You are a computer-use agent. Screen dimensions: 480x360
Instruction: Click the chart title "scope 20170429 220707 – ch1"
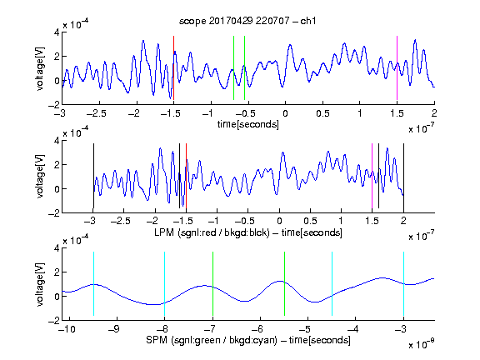[247, 21]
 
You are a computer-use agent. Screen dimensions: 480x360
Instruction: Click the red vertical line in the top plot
[173, 68]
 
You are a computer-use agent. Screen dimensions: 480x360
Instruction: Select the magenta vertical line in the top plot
[397, 68]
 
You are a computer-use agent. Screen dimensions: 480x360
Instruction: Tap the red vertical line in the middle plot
[186, 176]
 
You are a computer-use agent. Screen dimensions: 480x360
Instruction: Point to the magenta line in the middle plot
[372, 176]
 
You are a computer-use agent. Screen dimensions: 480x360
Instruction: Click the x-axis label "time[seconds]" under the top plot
[248, 124]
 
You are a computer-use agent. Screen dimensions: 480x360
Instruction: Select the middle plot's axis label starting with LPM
[248, 232]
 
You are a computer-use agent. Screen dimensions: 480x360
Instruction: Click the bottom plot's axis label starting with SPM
[248, 340]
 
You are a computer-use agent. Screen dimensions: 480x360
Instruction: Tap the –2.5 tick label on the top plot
[96, 113]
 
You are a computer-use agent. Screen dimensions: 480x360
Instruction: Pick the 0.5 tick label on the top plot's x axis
[322, 113]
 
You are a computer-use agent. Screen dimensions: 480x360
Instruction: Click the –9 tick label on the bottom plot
[114, 329]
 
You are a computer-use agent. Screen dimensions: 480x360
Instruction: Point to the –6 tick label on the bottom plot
[257, 329]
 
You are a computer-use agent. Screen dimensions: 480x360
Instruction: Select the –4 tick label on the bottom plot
[353, 329]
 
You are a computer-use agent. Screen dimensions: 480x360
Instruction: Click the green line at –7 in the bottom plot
[212, 284]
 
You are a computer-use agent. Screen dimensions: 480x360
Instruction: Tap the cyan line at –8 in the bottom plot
[165, 284]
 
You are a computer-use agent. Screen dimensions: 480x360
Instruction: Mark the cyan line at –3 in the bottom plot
[404, 284]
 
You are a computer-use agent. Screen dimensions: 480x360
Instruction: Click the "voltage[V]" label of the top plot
[40, 68]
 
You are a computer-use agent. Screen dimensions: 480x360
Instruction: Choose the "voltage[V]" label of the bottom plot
[40, 284]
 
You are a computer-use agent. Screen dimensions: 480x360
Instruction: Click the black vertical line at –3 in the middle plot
[93, 176]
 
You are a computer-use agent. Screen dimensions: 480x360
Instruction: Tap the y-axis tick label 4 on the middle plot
[57, 141]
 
